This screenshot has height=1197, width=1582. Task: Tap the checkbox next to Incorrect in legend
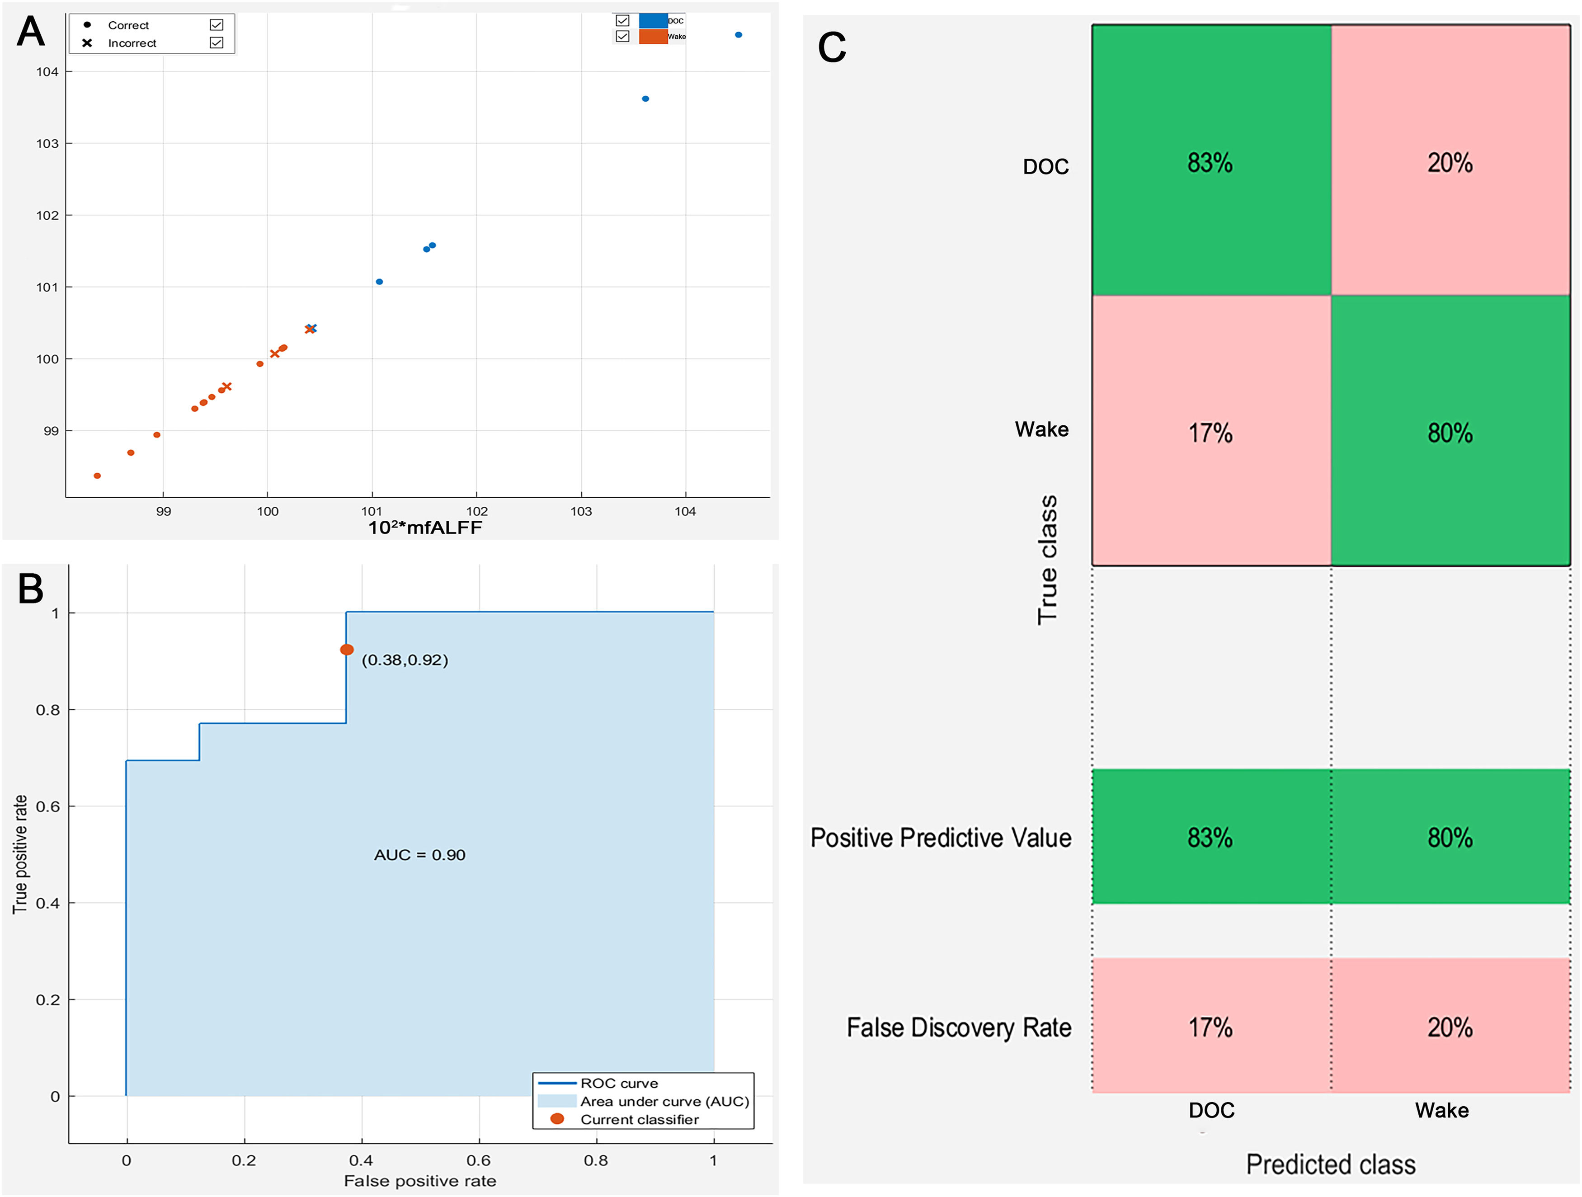217,43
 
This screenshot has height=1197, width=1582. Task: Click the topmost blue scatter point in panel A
739,34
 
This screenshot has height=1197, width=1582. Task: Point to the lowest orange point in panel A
97,476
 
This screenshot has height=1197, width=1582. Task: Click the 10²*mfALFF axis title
425,528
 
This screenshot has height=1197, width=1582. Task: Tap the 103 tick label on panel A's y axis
48,144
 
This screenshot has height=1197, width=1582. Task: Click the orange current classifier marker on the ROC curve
347,649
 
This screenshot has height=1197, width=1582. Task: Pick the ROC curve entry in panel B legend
619,1083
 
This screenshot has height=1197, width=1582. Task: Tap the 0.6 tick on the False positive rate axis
479,1160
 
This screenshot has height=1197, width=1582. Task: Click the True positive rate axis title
20,854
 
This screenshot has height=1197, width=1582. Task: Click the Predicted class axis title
1330,1164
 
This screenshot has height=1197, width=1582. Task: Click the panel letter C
832,48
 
